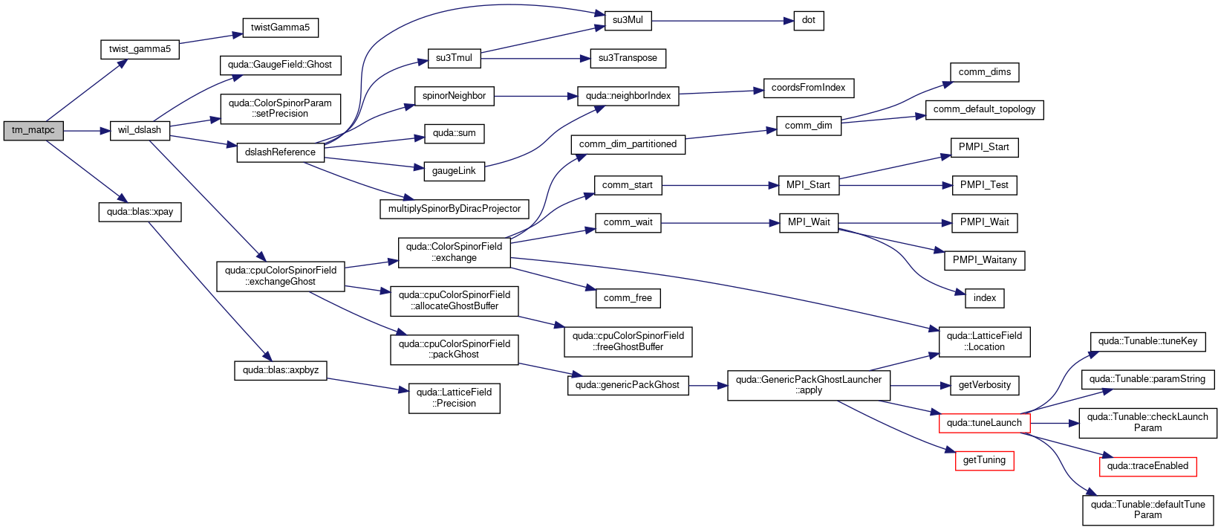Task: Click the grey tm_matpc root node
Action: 33,131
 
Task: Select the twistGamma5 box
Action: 280,28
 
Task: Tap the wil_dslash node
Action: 140,130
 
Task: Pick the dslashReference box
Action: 280,152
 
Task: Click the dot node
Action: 808,21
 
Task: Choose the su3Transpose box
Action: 628,59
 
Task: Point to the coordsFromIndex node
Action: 808,88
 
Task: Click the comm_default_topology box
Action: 984,110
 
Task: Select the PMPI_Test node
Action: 984,185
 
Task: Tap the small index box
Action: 984,298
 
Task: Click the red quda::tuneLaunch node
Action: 984,423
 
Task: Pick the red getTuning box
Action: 984,461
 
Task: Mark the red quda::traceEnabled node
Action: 1148,467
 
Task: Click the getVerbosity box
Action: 984,385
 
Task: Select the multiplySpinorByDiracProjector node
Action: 455,209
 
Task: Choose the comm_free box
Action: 628,298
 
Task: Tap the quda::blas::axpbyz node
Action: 281,371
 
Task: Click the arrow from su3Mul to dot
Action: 722,21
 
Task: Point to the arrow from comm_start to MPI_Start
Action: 720,186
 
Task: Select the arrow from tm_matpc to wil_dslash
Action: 87,131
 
